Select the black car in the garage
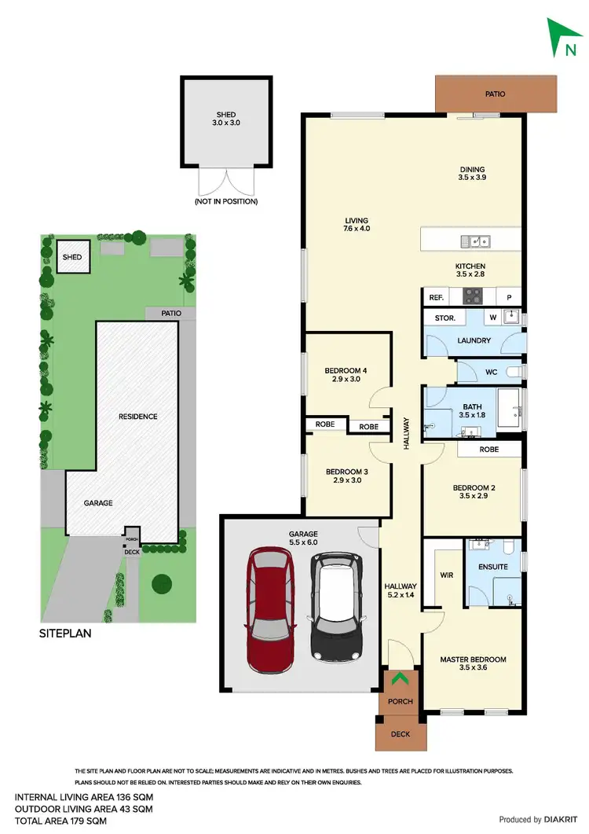337,607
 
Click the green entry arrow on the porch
399,678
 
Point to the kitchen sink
475,241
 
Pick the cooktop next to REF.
474,296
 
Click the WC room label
492,371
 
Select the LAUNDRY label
474,341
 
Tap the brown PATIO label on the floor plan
495,94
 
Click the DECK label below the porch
401,735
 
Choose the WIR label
446,575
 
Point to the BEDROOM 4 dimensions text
346,380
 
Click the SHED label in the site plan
72,257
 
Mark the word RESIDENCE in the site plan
137,417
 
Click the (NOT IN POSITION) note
226,202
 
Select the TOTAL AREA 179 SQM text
59,821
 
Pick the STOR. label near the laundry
437,318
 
